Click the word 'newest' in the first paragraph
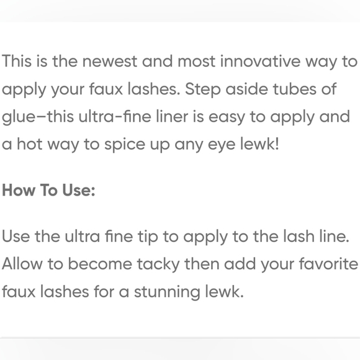pos(110,62)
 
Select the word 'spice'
pos(114,145)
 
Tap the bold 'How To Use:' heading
pos(48,191)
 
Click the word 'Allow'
pos(23,264)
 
